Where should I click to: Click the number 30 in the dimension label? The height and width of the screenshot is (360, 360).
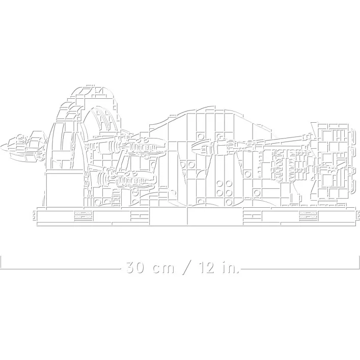pos(135,267)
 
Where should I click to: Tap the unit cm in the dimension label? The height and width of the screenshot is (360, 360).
pos(163,269)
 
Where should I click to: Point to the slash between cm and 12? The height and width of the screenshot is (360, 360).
pos(187,267)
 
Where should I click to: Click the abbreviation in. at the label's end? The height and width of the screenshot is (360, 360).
pos(230,267)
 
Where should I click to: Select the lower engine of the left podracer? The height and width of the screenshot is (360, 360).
pos(127,178)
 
